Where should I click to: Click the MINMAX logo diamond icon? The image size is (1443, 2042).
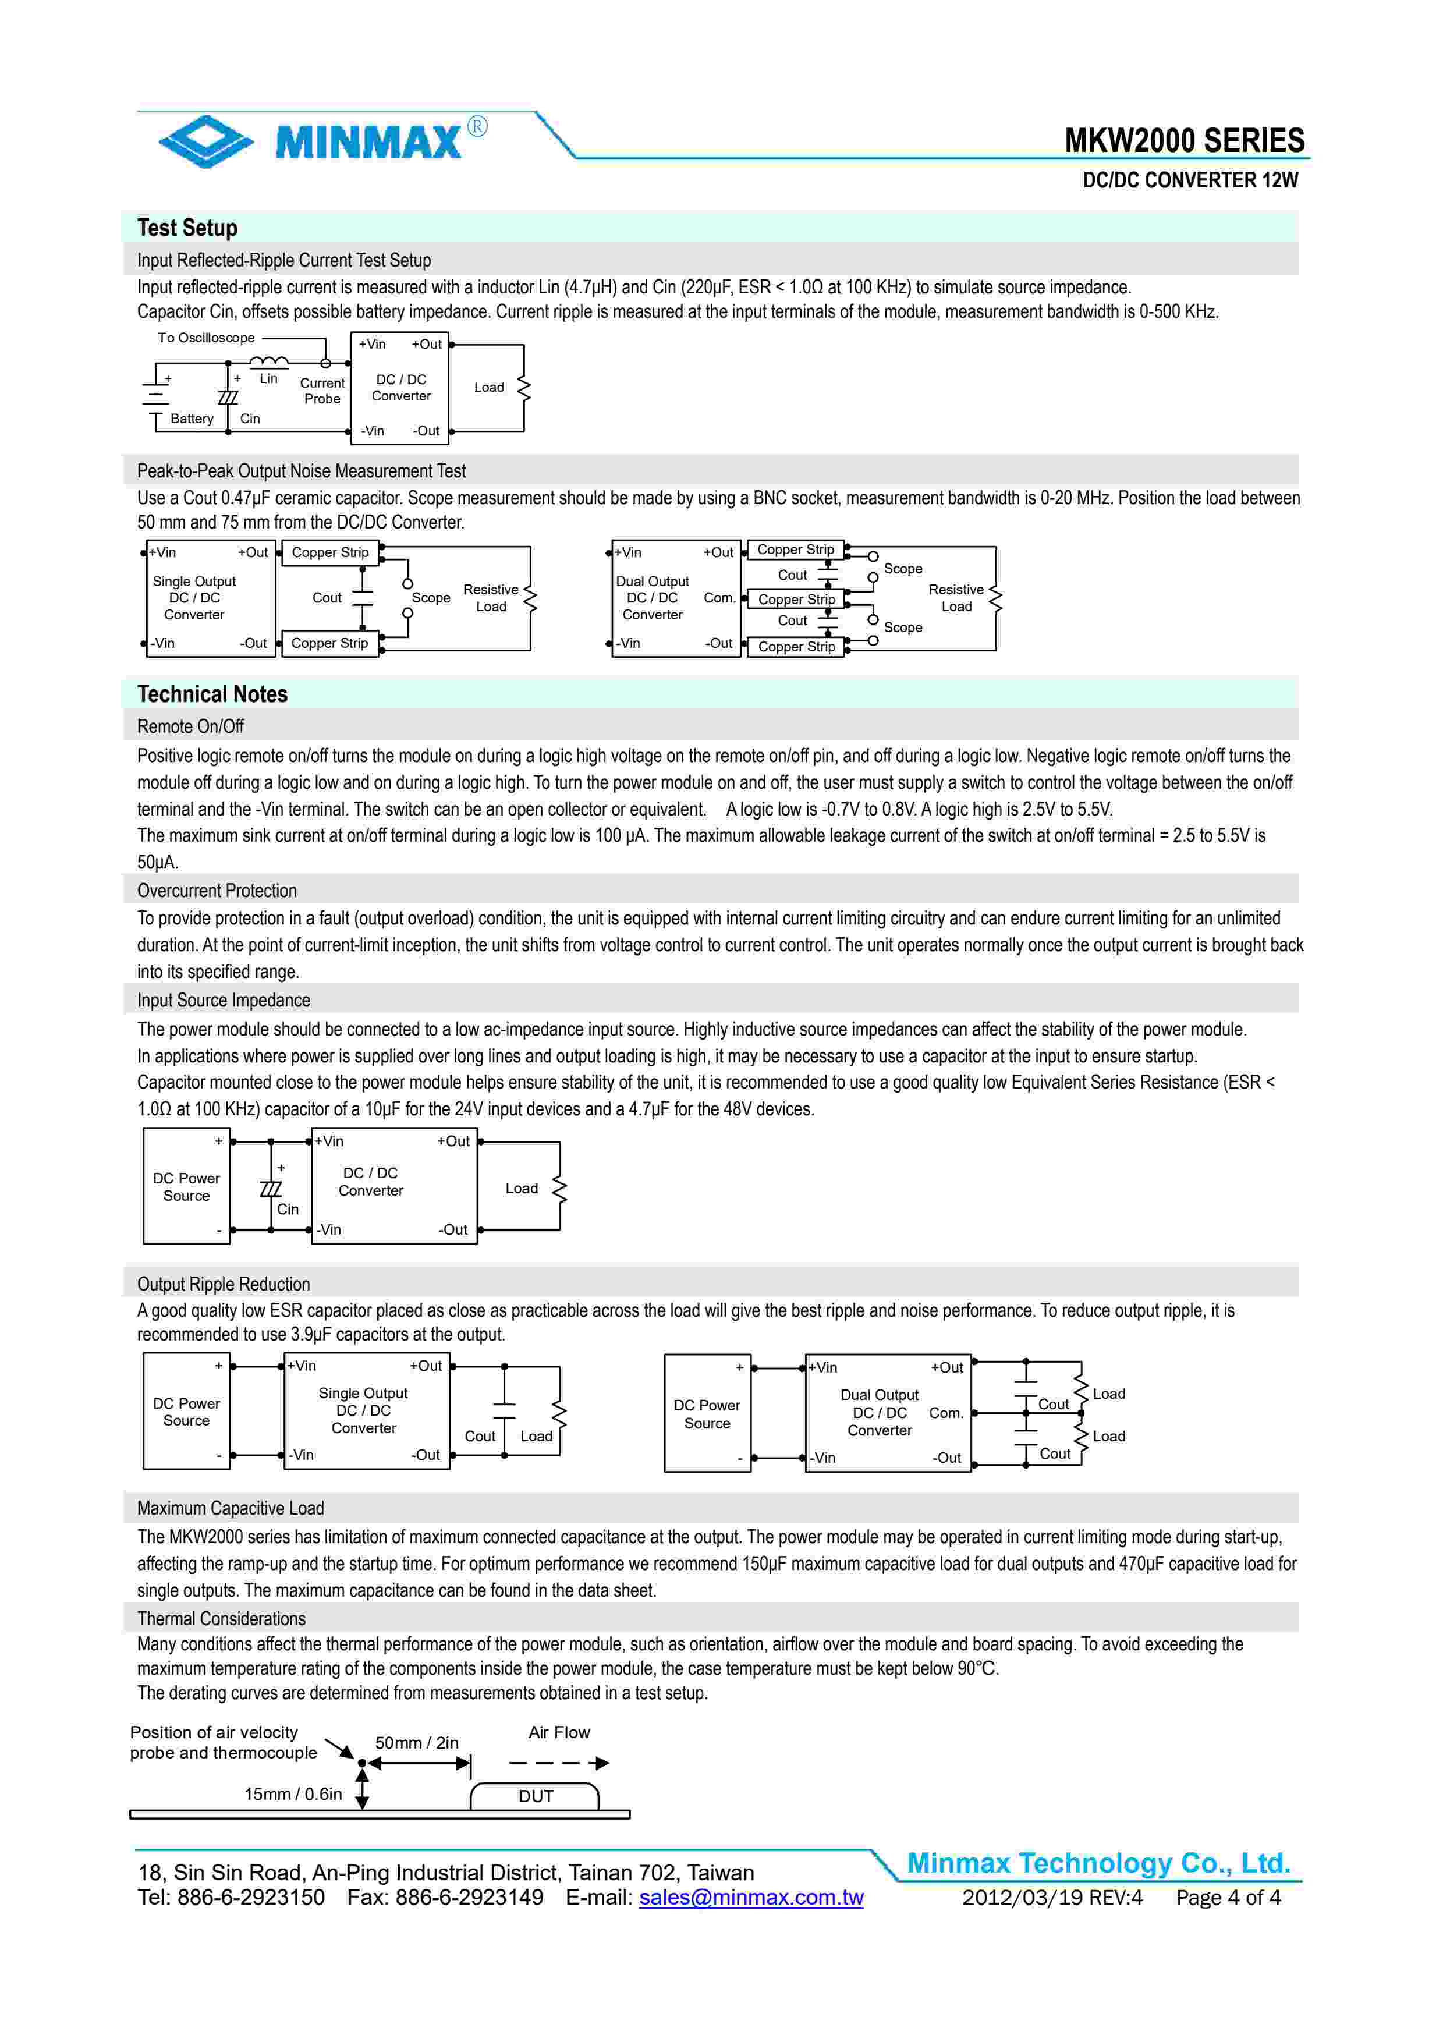(205, 140)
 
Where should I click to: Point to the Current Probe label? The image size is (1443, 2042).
(322, 391)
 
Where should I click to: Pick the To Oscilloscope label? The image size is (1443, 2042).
(206, 338)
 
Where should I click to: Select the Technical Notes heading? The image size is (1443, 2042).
(212, 694)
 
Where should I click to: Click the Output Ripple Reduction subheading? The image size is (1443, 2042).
(223, 1284)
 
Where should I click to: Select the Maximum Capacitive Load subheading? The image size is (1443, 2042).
(231, 1508)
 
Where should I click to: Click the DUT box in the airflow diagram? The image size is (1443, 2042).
(536, 1796)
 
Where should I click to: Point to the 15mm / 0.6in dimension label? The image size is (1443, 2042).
(293, 1794)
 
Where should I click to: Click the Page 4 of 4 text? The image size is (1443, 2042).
(1227, 1897)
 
